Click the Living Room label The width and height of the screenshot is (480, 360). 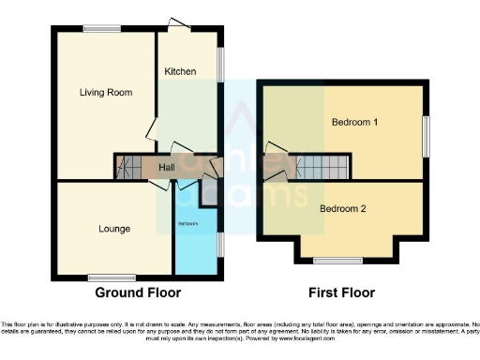(106, 93)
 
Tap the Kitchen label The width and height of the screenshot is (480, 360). (179, 72)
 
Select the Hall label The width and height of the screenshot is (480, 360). (167, 168)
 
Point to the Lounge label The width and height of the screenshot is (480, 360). (114, 229)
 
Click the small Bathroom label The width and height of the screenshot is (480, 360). (189, 223)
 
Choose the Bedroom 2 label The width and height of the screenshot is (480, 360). (343, 208)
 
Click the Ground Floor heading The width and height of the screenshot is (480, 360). (138, 292)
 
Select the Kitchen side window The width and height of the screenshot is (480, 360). (221, 65)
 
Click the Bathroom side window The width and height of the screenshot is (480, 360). (220, 243)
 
